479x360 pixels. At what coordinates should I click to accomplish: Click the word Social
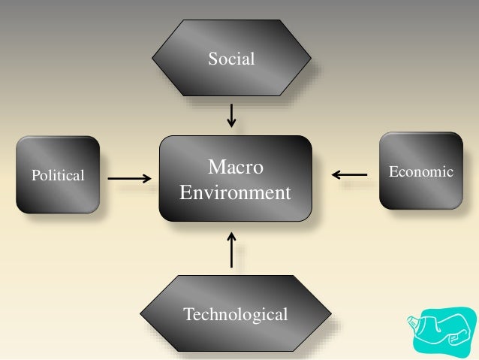232,58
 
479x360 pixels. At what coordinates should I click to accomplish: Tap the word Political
58,176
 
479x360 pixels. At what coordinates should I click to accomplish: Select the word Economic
420,172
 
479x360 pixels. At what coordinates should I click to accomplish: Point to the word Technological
235,313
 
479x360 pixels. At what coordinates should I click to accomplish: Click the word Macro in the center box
236,166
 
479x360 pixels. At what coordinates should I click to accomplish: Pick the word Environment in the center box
235,192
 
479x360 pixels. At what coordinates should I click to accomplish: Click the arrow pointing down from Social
232,114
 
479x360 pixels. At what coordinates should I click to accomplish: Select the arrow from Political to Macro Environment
129,179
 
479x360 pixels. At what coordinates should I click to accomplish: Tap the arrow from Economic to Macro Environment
349,175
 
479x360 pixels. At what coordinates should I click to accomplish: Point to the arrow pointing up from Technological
232,250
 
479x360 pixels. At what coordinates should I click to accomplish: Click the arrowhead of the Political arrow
146,179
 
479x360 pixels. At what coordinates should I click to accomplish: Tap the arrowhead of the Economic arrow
335,175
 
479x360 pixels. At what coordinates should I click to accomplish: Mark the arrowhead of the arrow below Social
232,124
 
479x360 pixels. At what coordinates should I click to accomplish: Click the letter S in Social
212,58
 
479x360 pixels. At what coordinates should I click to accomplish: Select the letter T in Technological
188,313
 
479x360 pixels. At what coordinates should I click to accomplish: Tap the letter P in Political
35,176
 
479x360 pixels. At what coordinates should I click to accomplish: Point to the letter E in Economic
392,172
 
